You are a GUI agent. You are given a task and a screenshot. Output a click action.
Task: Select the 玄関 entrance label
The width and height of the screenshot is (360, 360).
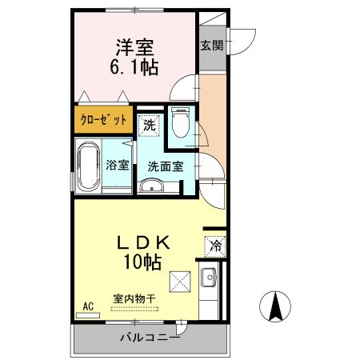pos(212,46)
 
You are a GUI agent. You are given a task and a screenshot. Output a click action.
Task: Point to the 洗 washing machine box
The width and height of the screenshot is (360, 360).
pos(149,124)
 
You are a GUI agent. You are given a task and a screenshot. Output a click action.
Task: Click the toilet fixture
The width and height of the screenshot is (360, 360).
pos(180,124)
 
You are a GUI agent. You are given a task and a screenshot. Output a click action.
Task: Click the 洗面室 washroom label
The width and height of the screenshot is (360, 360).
pos(166,166)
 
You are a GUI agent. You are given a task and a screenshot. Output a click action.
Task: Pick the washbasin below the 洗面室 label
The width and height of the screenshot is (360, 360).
pos(151,187)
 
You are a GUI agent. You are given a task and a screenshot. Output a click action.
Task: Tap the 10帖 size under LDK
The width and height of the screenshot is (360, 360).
pos(144,261)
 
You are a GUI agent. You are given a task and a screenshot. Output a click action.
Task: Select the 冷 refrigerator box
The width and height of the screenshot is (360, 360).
pos(214,246)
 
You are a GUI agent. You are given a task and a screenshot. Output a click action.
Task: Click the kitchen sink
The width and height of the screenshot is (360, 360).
pos(209,279)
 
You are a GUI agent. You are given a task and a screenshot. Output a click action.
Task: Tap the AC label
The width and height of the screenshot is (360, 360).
pos(88,305)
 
